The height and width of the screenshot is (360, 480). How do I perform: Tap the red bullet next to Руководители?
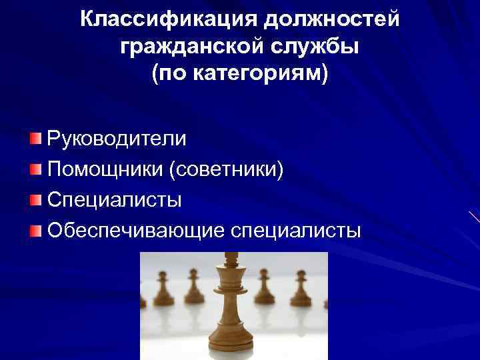tap(35, 139)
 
